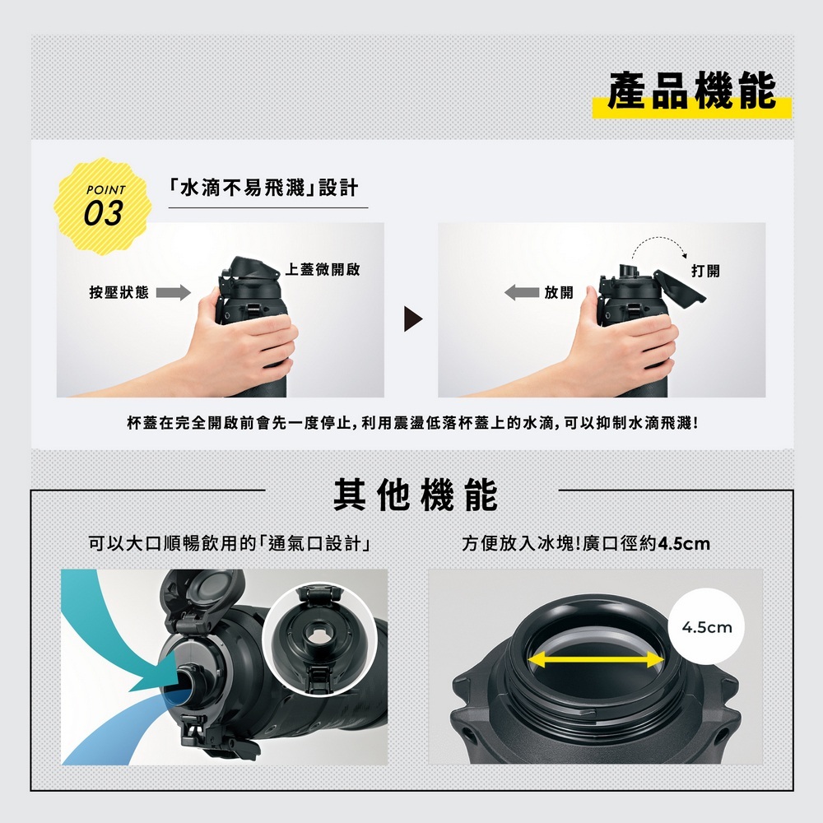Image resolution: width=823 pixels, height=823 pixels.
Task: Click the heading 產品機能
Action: click(x=692, y=91)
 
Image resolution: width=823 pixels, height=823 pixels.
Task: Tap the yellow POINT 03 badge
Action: click(x=104, y=207)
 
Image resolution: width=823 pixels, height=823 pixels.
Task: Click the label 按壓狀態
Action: click(x=119, y=292)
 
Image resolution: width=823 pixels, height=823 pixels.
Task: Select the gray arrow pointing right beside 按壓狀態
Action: click(x=173, y=292)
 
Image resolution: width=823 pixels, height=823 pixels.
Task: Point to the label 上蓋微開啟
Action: click(x=323, y=269)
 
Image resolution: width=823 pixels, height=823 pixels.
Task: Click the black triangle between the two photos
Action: click(x=413, y=319)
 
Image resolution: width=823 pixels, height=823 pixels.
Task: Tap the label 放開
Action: click(x=559, y=292)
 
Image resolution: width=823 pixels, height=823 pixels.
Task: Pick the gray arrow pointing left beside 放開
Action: click(x=522, y=292)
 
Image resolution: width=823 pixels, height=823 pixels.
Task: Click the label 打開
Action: click(x=705, y=271)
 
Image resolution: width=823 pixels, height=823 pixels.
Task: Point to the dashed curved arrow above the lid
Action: click(x=659, y=238)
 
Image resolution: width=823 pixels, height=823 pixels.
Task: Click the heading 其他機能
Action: click(x=415, y=495)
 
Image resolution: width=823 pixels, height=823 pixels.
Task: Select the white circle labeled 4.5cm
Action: click(x=706, y=626)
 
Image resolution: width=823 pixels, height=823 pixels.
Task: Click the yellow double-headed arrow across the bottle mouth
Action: click(x=596, y=660)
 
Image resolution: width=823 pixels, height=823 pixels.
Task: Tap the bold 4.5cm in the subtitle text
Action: click(x=684, y=543)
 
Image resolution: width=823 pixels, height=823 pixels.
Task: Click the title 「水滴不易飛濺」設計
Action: click(x=264, y=188)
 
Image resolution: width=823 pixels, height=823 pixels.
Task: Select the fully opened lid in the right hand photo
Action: click(x=681, y=286)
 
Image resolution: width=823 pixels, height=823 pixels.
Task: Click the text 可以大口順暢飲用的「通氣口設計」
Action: click(x=230, y=543)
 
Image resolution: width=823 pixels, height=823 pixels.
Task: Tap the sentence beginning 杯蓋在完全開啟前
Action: click(x=413, y=422)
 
